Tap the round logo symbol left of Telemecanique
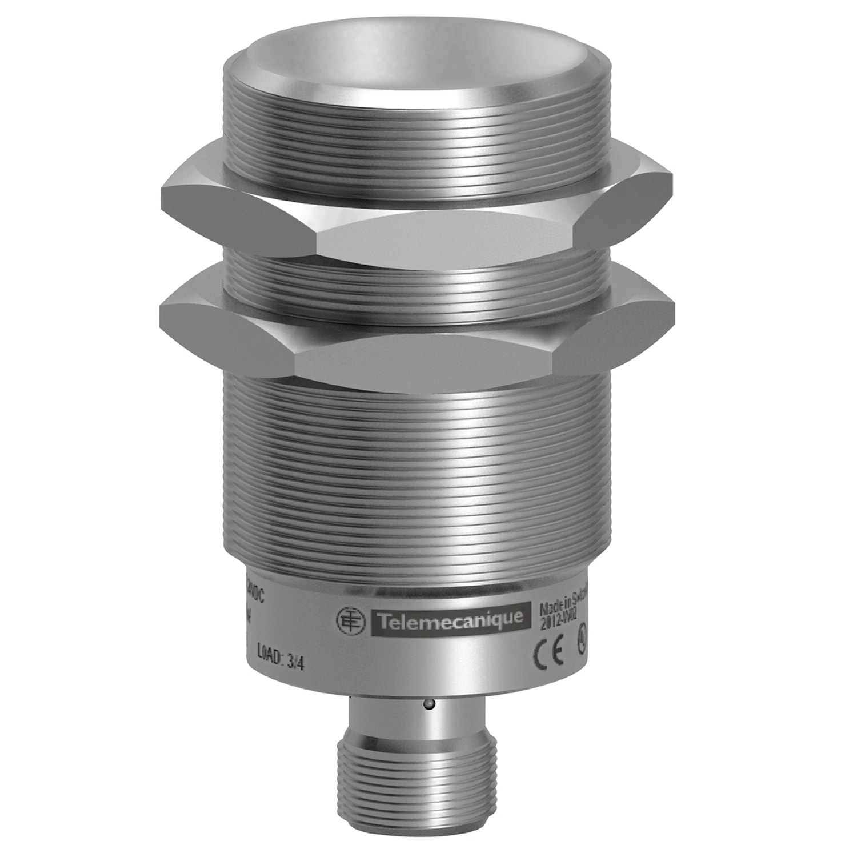pos(350,621)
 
